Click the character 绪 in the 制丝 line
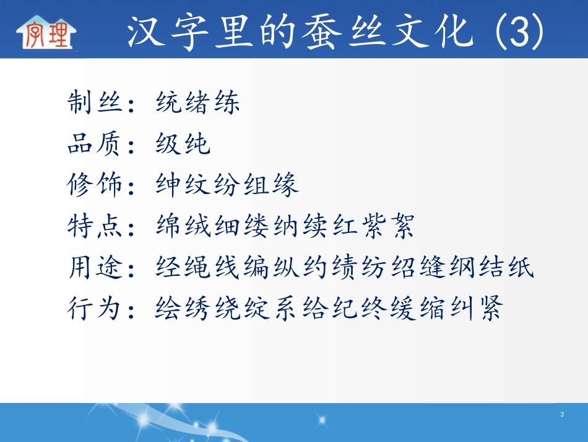[197, 103]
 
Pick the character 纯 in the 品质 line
[197, 144]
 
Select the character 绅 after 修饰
[168, 185]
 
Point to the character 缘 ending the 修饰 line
[285, 185]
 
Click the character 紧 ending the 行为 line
[489, 308]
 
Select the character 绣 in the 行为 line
[197, 308]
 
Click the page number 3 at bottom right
[561, 414]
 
